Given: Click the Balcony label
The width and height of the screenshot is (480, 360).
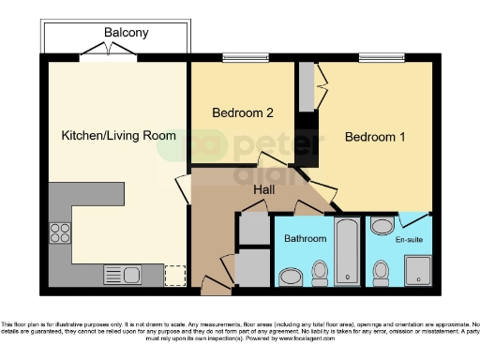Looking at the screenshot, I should [126, 33].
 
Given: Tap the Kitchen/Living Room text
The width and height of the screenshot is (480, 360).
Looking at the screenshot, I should [118, 136].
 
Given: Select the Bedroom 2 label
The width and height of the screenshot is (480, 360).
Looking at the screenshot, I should [242, 113].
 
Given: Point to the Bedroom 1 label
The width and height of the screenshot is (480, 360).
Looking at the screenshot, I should [375, 137].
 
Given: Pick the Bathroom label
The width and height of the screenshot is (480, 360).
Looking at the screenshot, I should [305, 239].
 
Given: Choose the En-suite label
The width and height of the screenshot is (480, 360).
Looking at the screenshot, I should [409, 241].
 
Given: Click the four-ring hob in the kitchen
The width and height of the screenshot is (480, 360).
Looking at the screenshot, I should [60, 231].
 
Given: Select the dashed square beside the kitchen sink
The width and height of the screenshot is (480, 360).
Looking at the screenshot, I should [173, 275].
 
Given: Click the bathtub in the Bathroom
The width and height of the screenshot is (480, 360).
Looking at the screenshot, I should [347, 250].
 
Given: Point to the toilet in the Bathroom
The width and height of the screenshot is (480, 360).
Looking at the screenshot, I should [321, 272].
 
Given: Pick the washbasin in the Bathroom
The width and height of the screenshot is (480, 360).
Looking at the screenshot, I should [292, 276].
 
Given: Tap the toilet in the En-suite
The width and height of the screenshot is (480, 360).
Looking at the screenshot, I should [381, 273].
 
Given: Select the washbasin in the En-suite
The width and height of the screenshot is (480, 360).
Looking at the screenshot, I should [382, 226].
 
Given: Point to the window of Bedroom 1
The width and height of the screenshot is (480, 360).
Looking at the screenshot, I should [381, 58].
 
